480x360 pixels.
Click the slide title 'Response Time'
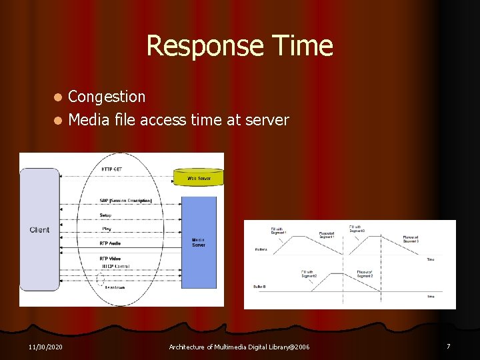(239, 46)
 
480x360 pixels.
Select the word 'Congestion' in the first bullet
(107, 97)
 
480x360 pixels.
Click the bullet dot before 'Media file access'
(58, 121)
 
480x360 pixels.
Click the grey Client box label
(39, 230)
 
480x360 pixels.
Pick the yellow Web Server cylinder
(199, 177)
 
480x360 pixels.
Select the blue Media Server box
(199, 241)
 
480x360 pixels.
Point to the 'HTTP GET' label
(111, 169)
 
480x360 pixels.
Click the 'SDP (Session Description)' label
(126, 200)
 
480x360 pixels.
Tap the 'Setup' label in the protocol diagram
(106, 215)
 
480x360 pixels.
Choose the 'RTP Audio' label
(111, 244)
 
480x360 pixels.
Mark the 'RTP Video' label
(111, 258)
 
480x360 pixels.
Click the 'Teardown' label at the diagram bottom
(115, 287)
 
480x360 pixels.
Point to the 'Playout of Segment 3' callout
(410, 239)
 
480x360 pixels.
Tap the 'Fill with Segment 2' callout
(308, 273)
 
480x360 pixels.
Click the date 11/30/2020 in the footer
(45, 347)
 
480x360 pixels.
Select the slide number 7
(448, 346)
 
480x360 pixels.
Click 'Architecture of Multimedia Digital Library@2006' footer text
(239, 347)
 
